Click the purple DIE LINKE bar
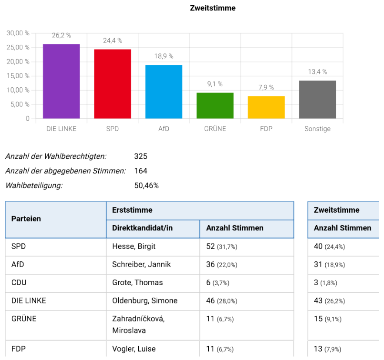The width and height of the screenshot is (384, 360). [x=61, y=81]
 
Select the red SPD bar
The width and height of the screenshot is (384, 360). [x=112, y=84]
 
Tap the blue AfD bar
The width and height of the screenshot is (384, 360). [x=164, y=92]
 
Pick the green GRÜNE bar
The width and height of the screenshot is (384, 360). [x=215, y=106]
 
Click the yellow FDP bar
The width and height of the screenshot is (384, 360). [x=266, y=107]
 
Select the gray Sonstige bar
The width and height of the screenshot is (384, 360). [x=317, y=100]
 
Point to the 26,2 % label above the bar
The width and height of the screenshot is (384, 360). [x=61, y=36]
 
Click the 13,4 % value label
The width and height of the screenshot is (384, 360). [x=317, y=72]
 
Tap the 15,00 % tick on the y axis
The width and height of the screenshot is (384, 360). [x=18, y=76]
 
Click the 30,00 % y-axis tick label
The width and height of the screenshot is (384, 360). [x=18, y=33]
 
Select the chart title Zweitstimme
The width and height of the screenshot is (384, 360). [x=213, y=8]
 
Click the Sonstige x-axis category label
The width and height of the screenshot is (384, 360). [x=317, y=129]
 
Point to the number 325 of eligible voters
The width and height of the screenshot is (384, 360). [x=140, y=156]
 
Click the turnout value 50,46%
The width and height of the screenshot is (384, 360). [x=147, y=185]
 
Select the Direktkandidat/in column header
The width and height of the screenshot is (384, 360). [x=142, y=228]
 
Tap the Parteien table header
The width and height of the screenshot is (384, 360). [x=26, y=219]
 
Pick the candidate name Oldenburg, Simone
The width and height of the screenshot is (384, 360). [x=145, y=300]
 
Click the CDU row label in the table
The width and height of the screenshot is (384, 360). [x=19, y=282]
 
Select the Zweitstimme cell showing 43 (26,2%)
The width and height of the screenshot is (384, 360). [x=329, y=301]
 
